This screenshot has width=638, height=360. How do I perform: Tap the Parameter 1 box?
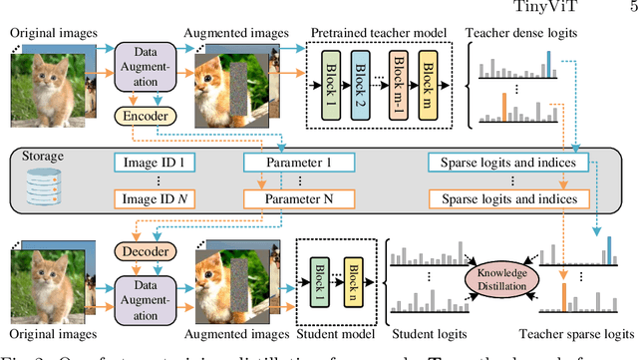[298, 161]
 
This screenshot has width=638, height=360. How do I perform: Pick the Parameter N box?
[298, 199]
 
